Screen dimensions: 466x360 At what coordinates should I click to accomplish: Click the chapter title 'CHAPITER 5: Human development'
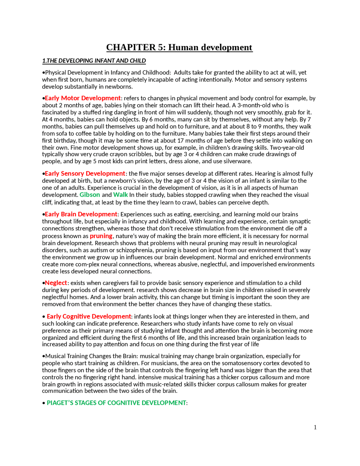179,47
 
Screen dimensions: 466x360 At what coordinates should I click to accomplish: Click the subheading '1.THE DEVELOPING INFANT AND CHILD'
94,61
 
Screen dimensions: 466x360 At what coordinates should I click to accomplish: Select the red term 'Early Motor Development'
83,98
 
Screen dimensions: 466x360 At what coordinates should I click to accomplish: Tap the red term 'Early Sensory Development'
85,174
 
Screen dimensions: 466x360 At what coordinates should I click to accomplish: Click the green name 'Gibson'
90,195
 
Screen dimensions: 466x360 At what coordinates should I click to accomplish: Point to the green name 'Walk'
120,195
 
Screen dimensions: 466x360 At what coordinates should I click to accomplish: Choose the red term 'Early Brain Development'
81,214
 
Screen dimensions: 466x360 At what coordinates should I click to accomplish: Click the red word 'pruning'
101,236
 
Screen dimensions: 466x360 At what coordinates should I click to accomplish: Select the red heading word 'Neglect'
56,283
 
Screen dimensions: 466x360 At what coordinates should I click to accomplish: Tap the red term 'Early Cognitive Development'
89,317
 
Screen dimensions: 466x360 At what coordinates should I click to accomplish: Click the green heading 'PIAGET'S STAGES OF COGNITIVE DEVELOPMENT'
116,403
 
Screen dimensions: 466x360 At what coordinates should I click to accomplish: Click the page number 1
315,427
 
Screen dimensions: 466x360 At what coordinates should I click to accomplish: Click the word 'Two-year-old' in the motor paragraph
287,147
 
